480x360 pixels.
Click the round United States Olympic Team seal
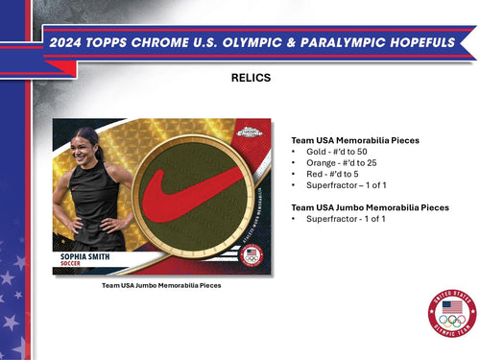451,314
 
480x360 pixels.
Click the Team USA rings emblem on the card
251,256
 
